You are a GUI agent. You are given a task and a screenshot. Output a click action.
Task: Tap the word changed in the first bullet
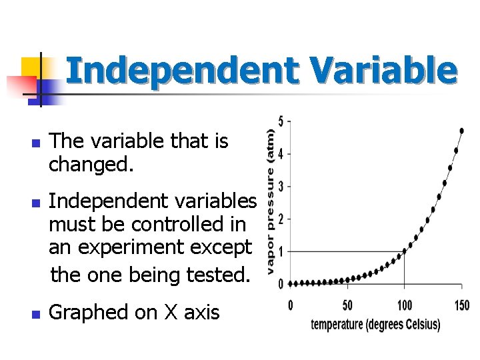[x=91, y=164]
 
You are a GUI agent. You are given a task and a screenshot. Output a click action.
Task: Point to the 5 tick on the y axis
[x=281, y=121]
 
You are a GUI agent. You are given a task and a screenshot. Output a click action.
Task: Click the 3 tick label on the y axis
[x=281, y=186]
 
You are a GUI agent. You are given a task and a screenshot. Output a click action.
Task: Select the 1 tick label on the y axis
[x=281, y=251]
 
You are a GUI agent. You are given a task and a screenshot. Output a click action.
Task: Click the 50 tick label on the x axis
[x=347, y=305]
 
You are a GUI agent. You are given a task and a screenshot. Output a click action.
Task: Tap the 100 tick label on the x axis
[x=404, y=305]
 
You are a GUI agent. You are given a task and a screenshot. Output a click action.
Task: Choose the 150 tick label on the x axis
[x=461, y=305]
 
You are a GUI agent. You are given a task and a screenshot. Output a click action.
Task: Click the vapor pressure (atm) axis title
[x=270, y=193]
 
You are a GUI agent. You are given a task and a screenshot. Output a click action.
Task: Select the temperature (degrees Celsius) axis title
[x=375, y=325]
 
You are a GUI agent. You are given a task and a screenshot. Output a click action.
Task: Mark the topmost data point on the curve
[x=462, y=130]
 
